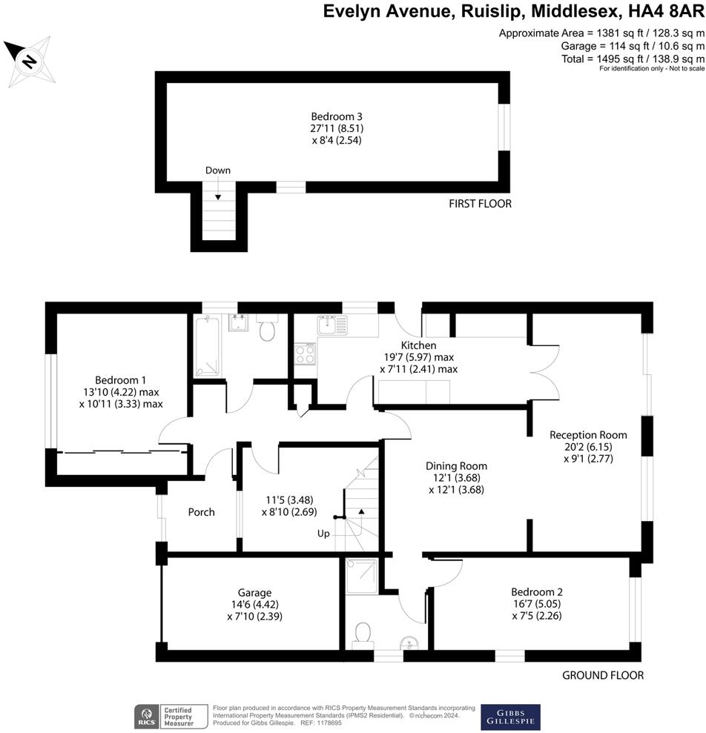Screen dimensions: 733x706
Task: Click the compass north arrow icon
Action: tap(27, 59)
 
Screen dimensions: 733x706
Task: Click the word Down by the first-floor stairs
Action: tap(218, 170)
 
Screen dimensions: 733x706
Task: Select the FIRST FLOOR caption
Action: tap(480, 204)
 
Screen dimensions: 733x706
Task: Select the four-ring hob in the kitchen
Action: tap(305, 354)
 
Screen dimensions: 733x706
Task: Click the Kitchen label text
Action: tap(418, 345)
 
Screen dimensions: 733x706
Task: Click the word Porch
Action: tap(201, 512)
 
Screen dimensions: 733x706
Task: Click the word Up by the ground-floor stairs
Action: tap(324, 534)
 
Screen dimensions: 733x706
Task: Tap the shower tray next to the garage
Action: tap(362, 577)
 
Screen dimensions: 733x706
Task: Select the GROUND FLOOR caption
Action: tap(602, 675)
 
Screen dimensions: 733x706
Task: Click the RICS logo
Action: tap(144, 716)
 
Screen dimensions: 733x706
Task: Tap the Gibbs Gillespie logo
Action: tap(510, 715)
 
